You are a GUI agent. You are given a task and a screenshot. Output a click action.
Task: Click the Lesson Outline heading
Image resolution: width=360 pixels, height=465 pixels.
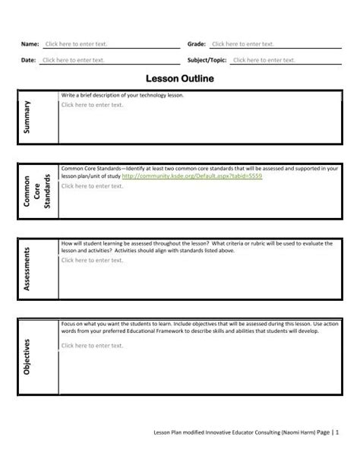pos(180,77)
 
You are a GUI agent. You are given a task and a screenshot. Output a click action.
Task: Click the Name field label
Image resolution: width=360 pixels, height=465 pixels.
pos(30,45)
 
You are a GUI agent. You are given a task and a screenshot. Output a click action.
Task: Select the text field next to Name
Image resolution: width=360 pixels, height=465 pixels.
pos(74,45)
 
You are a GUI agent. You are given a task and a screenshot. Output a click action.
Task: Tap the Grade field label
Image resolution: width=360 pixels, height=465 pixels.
pos(197,45)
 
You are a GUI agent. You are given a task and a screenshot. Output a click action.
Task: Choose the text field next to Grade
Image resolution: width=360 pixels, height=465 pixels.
pos(241,45)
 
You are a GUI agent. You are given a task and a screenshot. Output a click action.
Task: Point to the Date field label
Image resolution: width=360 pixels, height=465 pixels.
pos(29,59)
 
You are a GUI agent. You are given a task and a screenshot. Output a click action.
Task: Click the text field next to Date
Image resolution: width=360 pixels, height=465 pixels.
pos(73,59)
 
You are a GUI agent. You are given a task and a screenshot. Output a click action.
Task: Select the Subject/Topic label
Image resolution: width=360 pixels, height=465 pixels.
pos(207,59)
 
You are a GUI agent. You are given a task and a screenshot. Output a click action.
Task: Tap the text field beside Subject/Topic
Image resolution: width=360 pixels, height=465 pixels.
pos(263,59)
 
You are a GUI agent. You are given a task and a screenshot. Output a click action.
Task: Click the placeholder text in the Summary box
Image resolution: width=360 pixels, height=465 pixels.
pos(91,105)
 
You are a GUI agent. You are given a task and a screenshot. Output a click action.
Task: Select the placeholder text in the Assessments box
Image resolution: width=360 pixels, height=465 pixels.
pos(91,260)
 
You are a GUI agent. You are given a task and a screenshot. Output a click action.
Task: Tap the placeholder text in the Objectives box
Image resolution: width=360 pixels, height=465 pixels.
pos(91,346)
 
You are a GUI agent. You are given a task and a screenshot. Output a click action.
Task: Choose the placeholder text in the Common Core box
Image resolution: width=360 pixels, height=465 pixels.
pos(91,185)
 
